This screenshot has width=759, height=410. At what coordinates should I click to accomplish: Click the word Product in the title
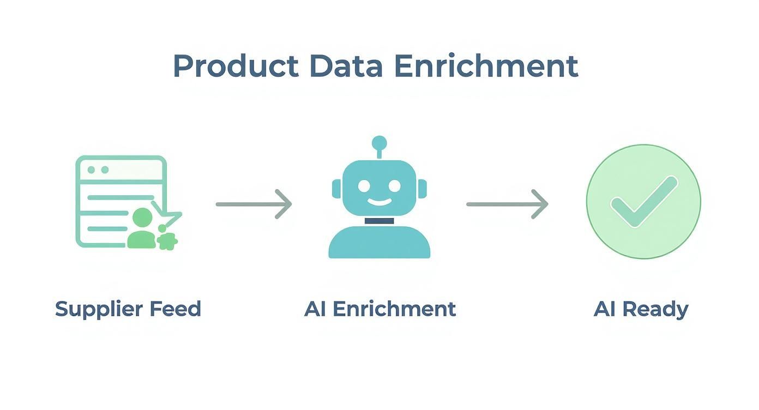click(236, 67)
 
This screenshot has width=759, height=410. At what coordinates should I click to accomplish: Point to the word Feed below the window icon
click(175, 309)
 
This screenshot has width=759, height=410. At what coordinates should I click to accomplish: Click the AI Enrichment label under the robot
click(380, 309)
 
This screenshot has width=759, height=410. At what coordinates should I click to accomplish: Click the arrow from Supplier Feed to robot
click(254, 204)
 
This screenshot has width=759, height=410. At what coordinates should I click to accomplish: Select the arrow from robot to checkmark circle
click(507, 204)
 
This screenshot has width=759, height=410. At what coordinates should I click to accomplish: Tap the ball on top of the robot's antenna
click(379, 143)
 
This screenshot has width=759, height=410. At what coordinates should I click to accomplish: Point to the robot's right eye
click(394, 186)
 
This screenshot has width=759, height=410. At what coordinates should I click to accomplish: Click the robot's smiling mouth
click(379, 202)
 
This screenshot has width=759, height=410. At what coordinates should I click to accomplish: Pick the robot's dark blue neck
click(379, 221)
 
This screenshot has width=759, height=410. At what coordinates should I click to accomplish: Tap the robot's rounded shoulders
click(379, 243)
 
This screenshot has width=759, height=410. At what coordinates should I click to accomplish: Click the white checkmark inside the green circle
click(643, 201)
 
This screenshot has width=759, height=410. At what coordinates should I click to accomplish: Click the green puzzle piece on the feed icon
click(167, 241)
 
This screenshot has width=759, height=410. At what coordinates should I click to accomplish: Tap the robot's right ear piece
click(421, 189)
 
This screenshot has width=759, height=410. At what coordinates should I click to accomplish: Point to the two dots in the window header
click(95, 170)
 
